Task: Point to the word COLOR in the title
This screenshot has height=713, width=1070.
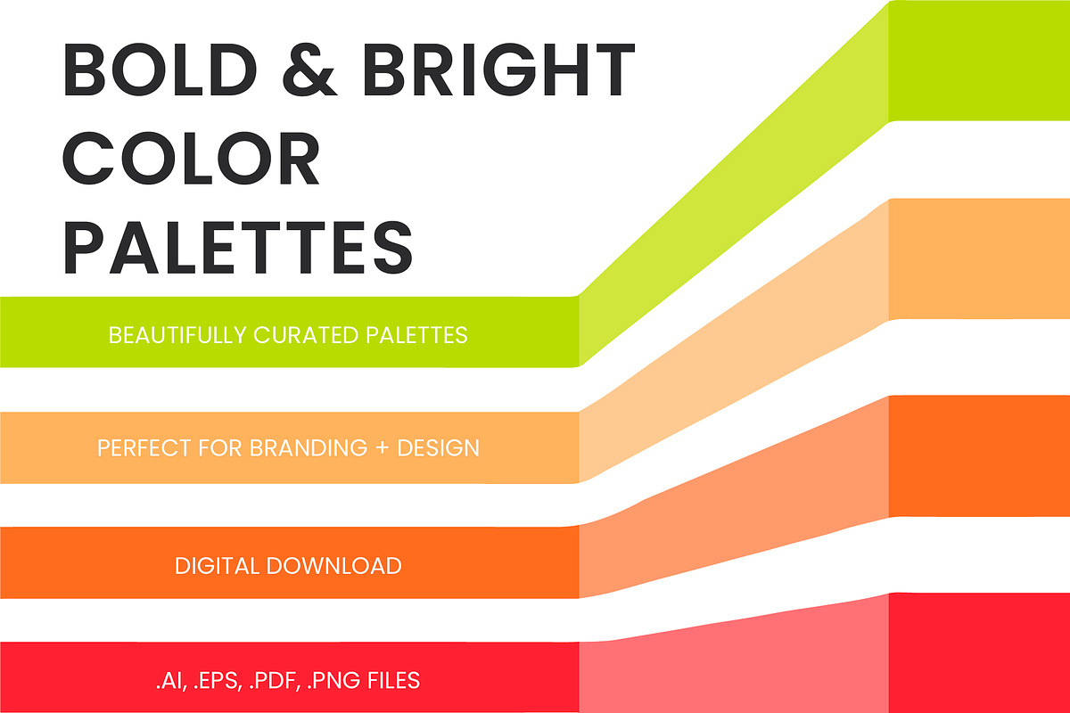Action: [193, 160]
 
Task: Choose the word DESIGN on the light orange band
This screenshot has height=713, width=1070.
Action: [438, 447]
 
